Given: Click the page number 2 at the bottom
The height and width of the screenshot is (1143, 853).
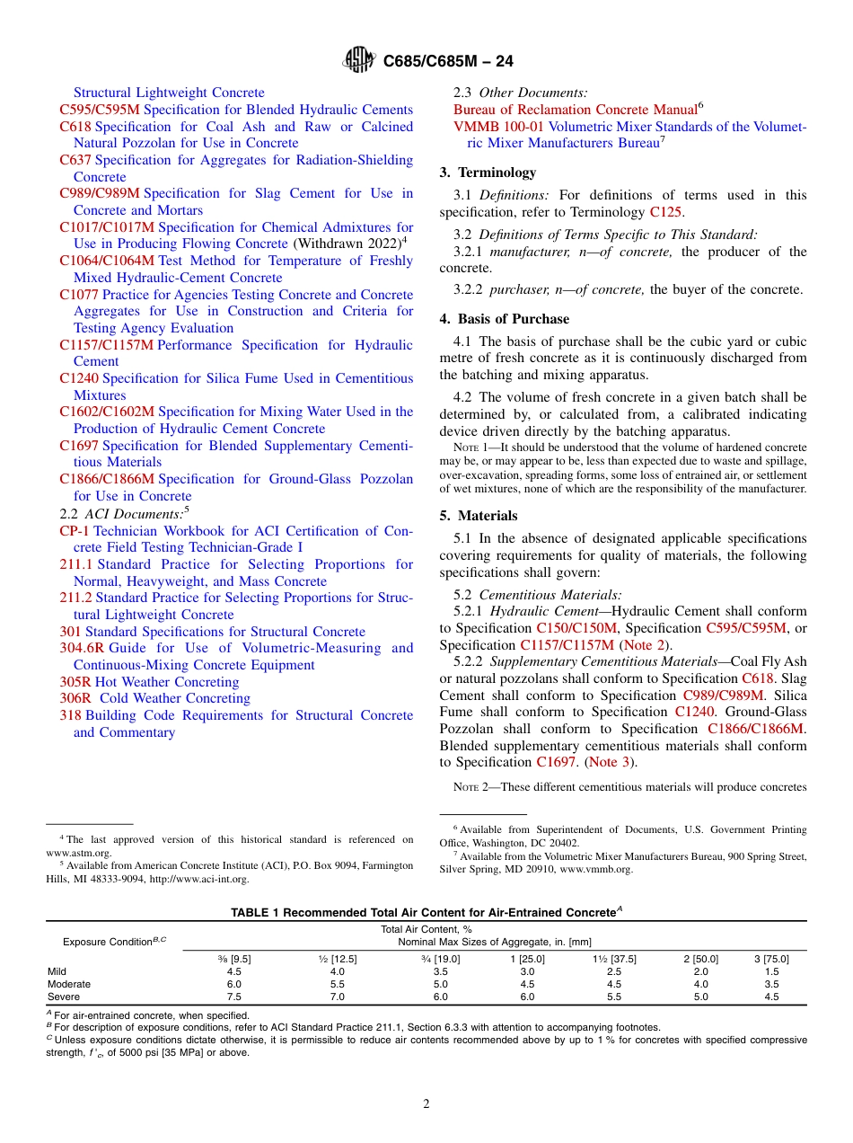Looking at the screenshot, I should click(426, 1104).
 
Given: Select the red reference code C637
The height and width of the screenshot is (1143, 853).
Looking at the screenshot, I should click(75, 160).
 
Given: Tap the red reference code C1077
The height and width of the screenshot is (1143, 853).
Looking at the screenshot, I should click(79, 295).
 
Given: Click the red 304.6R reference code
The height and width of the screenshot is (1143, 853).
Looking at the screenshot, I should click(82, 648).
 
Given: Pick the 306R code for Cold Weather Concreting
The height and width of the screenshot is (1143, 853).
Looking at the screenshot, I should click(75, 698).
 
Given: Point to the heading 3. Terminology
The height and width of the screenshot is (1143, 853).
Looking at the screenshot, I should click(488, 173).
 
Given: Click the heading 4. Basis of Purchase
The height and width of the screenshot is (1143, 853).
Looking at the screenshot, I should click(504, 319).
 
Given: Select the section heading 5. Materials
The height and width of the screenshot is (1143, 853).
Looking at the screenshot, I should click(479, 516).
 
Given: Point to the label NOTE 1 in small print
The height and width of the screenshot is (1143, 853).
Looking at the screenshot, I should click(457, 447).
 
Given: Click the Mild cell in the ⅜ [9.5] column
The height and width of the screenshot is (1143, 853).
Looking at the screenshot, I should click(233, 971).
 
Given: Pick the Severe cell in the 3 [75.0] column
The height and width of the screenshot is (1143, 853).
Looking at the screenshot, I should click(771, 997).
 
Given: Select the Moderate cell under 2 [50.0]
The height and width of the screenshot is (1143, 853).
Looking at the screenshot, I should click(700, 984).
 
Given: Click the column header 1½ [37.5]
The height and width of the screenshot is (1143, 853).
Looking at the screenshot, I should click(614, 959).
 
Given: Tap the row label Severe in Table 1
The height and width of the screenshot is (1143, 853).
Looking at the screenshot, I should click(63, 997).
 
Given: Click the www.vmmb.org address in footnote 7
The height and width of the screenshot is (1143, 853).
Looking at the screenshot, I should click(608, 869).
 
